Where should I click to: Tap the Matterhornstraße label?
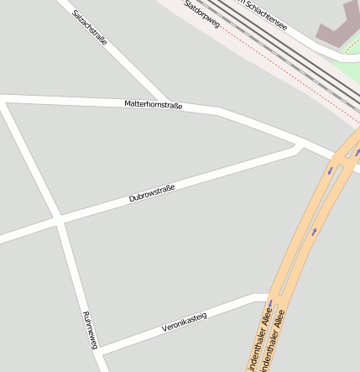click(x=153, y=105)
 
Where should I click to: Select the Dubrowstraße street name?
click(x=152, y=195)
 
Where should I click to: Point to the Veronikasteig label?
click(x=184, y=322)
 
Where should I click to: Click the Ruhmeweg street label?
click(x=91, y=329)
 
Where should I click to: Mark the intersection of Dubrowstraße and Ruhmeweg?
click(x=60, y=221)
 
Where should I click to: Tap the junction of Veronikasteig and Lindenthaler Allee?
click(x=267, y=296)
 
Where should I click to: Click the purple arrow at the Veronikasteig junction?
click(x=270, y=304)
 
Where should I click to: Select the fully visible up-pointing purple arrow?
click(x=315, y=231)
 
